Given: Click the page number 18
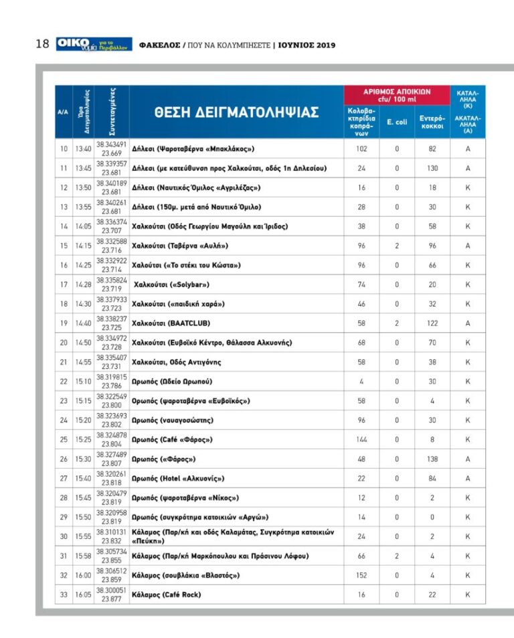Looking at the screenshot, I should [x=41, y=44].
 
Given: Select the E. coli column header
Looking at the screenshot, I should [x=397, y=122].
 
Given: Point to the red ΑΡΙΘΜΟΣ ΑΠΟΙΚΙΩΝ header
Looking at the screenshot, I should [x=397, y=95].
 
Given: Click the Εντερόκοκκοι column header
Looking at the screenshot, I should [x=432, y=122].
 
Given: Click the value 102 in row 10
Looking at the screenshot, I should [x=361, y=149].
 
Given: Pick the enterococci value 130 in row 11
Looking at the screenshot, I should [x=432, y=168].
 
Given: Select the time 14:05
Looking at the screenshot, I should [x=84, y=226].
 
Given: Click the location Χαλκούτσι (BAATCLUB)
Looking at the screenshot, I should [x=171, y=323].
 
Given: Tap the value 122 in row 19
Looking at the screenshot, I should [x=432, y=323].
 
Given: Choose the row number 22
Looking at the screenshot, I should [x=64, y=382].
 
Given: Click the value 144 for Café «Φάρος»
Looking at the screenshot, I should [x=361, y=440].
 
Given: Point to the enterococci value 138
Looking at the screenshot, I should [x=432, y=459].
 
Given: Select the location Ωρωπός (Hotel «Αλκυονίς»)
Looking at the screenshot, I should [x=178, y=479].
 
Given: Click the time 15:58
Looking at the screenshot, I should [x=84, y=556].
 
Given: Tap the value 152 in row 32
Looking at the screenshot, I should [x=361, y=575].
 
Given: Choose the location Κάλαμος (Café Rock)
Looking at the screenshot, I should [x=167, y=594].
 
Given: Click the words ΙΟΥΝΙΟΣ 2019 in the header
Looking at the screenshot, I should [x=307, y=45].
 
